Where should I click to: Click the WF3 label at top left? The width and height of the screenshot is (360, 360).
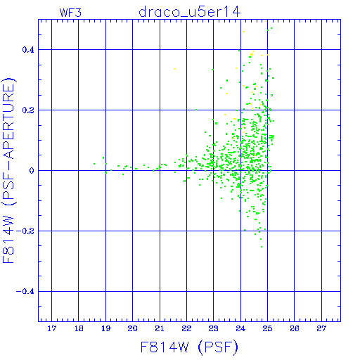[70, 13]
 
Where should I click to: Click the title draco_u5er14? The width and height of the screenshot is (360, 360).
[190, 12]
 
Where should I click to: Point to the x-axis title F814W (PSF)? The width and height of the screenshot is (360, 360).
[189, 347]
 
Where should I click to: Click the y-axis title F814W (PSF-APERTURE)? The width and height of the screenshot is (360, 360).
[8, 170]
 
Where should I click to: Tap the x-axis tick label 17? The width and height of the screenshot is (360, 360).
[52, 328]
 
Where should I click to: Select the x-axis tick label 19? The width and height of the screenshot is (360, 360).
[105, 328]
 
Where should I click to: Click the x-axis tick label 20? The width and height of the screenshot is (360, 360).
[133, 328]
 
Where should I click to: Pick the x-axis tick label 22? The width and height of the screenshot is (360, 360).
[186, 328]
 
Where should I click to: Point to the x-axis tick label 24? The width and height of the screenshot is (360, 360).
[240, 328]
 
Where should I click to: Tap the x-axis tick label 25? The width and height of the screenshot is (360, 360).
[267, 328]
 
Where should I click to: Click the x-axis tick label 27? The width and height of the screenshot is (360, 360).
[321, 328]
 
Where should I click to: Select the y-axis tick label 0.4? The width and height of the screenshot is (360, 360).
[28, 50]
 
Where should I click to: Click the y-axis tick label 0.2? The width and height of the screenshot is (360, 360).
[28, 110]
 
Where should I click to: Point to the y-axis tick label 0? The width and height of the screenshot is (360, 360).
[32, 171]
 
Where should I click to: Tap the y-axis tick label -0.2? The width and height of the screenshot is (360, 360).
[25, 231]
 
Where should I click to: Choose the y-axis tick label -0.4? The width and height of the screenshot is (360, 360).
[25, 292]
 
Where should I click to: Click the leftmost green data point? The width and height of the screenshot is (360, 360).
[94, 164]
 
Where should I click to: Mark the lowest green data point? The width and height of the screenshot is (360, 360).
[262, 247]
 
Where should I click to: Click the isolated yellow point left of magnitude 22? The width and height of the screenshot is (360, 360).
[174, 69]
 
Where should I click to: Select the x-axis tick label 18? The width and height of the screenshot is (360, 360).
[79, 328]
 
